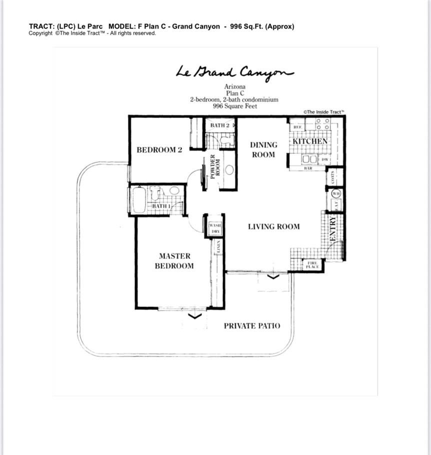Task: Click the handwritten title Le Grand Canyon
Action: (234, 72)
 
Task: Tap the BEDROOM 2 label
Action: (159, 149)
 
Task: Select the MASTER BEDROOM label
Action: (174, 261)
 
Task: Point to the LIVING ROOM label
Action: (274, 226)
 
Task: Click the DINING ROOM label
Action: (263, 149)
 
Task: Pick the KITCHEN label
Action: (310, 141)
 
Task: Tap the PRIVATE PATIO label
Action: (251, 325)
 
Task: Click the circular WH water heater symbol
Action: (336, 193)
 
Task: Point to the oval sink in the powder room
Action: (229, 169)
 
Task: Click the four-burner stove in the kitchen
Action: (322, 124)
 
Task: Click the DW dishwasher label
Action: (324, 159)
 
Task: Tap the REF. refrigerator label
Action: (296, 128)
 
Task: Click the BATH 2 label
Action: (219, 125)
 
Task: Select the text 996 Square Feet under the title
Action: (233, 106)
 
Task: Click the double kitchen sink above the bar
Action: (309, 159)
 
